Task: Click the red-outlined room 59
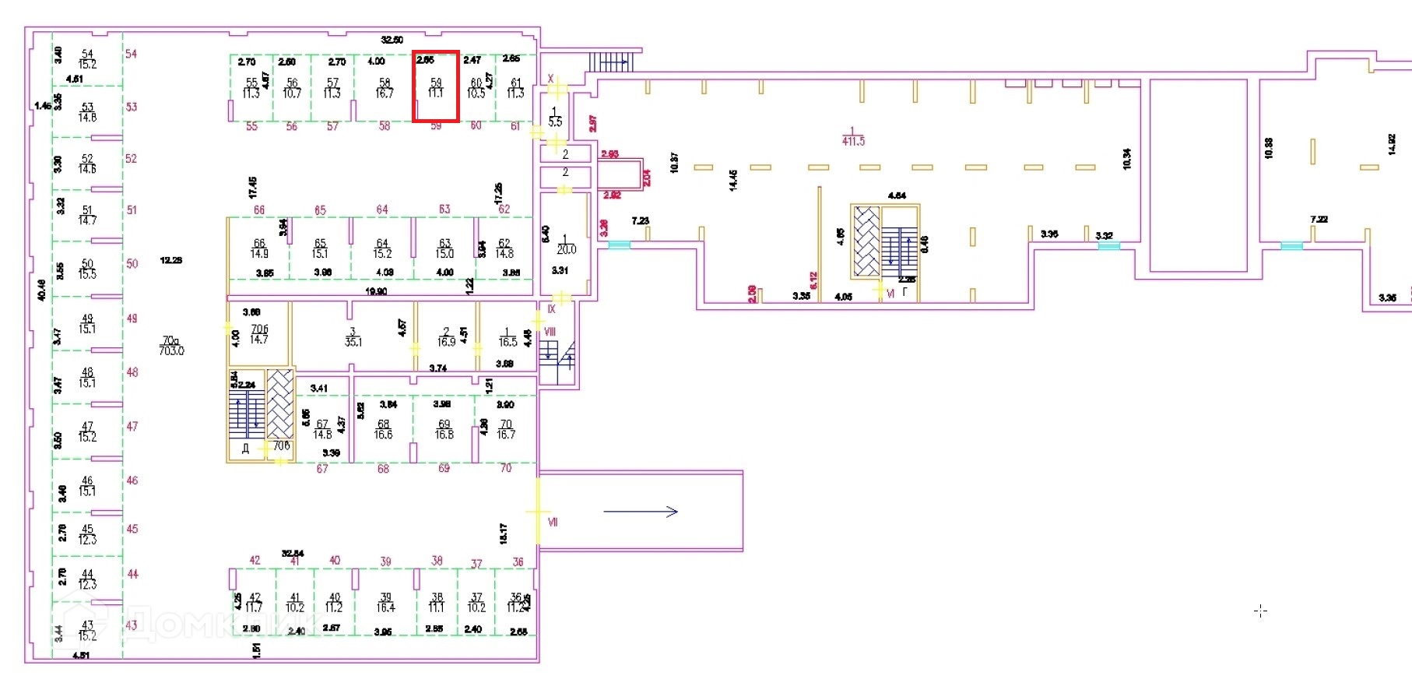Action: coord(436,86)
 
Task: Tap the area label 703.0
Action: coord(171,351)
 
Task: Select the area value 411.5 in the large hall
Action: coord(853,142)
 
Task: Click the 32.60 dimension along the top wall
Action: coord(392,40)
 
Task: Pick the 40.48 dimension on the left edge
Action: coord(41,290)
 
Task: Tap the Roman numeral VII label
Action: coord(553,522)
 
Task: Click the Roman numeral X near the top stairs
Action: coord(550,79)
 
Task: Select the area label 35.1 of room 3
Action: coord(353,342)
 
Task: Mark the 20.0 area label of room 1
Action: coord(566,250)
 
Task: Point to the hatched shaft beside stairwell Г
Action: coord(866,241)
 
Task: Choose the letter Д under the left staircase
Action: coord(245,449)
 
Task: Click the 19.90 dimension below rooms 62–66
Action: coord(376,291)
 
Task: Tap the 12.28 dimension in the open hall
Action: coord(171,260)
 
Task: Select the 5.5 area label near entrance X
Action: coord(555,122)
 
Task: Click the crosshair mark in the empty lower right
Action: coord(1261,611)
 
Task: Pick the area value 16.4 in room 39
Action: coord(385,607)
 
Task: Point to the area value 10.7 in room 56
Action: coord(292,93)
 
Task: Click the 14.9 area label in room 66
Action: coord(259,254)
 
